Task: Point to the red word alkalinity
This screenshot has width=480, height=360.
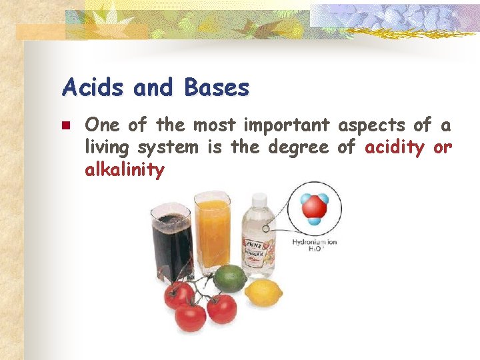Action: (125, 170)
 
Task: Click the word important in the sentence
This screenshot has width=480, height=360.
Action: (287, 125)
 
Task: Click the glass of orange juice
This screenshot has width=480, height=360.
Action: (212, 230)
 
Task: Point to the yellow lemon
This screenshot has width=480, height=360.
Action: (263, 292)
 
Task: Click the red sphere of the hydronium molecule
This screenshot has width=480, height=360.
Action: (313, 208)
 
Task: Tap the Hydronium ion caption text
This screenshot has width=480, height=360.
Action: (314, 241)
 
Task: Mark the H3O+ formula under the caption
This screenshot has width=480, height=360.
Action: (314, 249)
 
